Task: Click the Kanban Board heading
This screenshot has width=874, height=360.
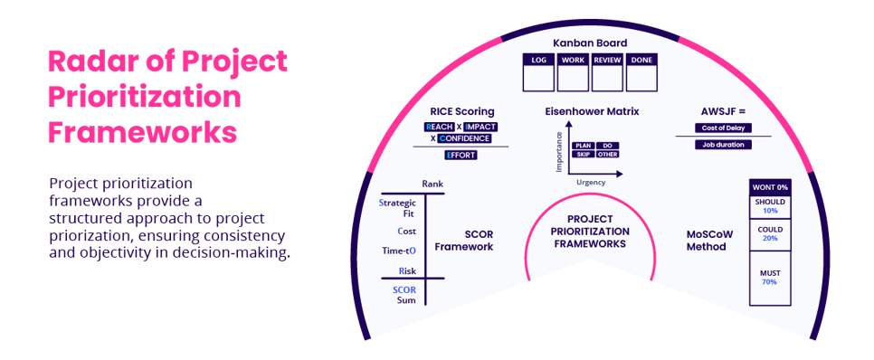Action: coord(589,43)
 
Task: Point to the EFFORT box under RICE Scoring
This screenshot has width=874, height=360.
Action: coord(461,155)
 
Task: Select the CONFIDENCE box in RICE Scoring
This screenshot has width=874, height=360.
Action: coord(464,138)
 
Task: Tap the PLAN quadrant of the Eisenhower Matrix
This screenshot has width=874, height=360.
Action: coord(583,146)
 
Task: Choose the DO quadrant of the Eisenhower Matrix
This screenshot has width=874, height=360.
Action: coord(608,146)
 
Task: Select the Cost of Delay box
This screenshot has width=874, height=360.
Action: coord(723,128)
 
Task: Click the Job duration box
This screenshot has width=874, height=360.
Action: coord(723,145)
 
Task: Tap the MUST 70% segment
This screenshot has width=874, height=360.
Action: coord(770,276)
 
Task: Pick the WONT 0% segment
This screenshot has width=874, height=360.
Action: coord(770,186)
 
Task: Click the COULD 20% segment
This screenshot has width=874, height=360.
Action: coord(770,232)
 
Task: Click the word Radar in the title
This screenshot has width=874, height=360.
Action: coord(96,62)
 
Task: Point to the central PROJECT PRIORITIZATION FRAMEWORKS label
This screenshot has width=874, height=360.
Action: coord(589,231)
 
